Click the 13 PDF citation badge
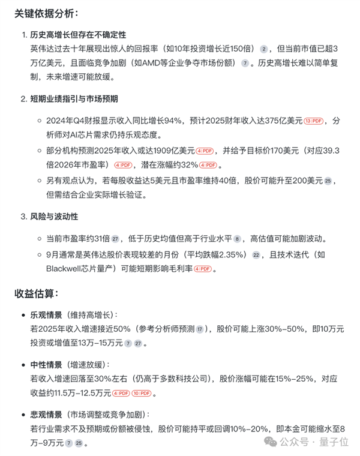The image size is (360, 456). pos(313,120)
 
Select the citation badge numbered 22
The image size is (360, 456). pos(256,254)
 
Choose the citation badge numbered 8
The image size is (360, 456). pos(237,238)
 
